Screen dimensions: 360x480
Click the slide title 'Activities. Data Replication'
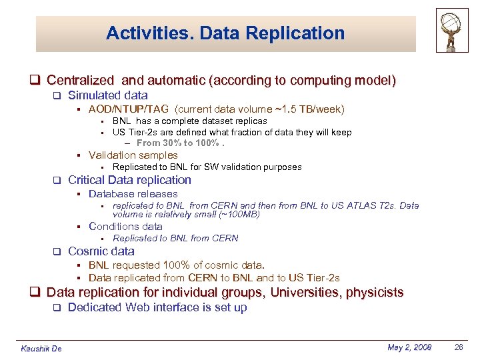point(225,33)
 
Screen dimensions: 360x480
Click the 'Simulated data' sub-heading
point(108,95)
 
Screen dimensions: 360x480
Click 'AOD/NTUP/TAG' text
point(129,109)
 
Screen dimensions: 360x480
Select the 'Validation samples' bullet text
point(133,155)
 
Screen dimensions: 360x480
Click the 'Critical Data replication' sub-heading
point(129,180)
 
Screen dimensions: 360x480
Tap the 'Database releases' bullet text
point(133,193)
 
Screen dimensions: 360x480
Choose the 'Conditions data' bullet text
point(125,226)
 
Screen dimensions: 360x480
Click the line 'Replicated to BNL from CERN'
point(175,238)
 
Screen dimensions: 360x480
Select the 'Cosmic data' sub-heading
point(101,251)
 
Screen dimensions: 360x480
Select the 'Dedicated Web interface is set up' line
point(157,307)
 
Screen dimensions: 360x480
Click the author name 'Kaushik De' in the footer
point(41,349)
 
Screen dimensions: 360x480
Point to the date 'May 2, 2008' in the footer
point(409,347)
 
